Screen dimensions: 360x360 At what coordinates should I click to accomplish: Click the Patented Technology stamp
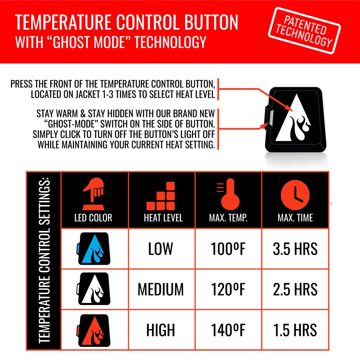(304, 31)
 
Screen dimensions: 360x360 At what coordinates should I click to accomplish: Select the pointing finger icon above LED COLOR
(93, 194)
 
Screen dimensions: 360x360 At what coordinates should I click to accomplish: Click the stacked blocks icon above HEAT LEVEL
(161, 196)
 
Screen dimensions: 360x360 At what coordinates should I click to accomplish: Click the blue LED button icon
(93, 248)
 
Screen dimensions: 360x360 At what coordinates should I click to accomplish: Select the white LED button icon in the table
(93, 289)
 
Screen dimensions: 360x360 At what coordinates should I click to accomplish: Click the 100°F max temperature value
(228, 249)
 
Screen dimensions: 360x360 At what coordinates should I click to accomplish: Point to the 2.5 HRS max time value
(295, 289)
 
